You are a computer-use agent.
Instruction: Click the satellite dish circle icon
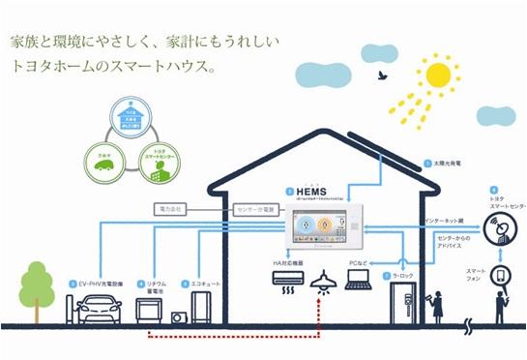tap(502, 233)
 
